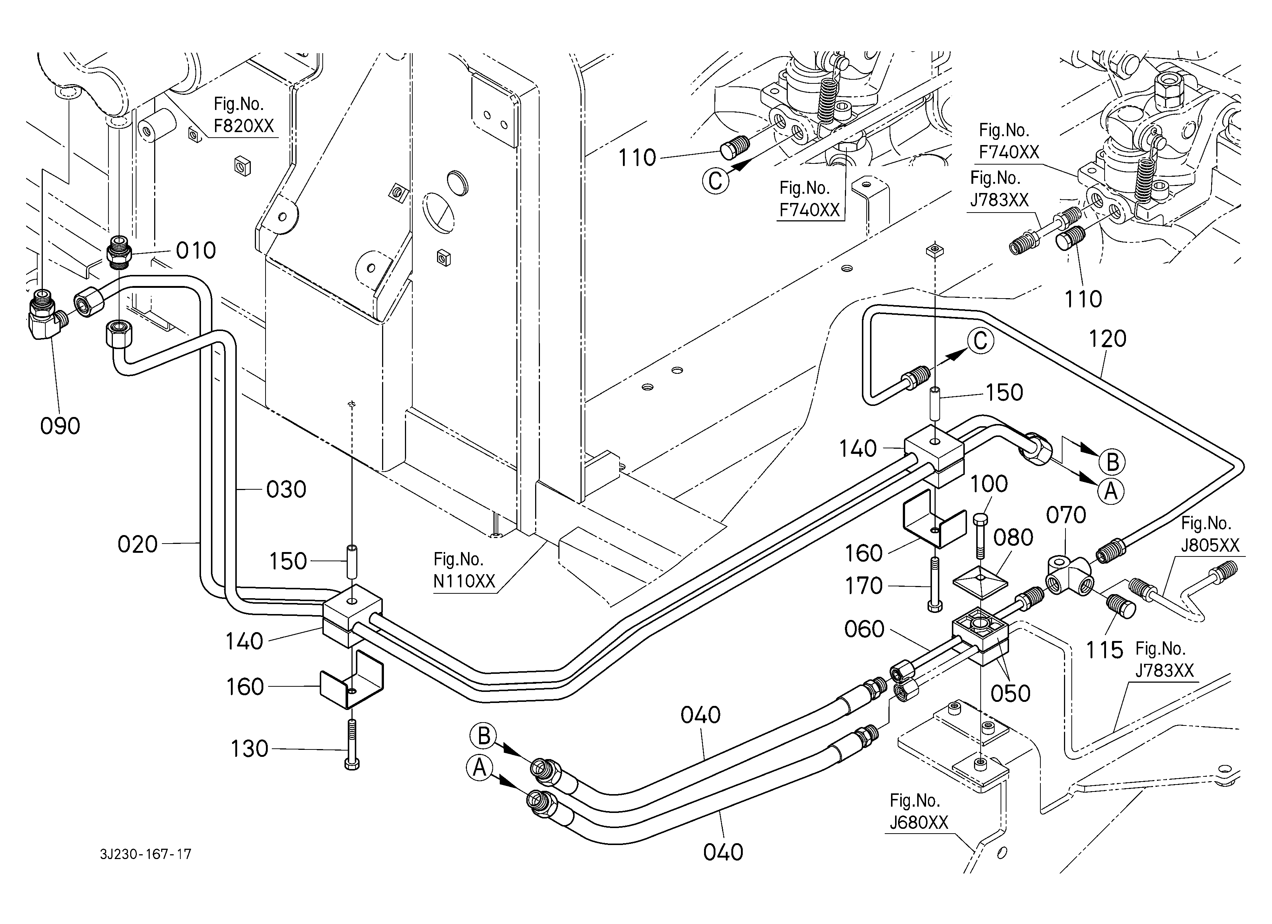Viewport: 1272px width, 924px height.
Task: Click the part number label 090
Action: [60, 426]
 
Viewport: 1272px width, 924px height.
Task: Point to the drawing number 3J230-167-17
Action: [146, 854]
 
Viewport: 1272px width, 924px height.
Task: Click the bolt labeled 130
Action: [351, 744]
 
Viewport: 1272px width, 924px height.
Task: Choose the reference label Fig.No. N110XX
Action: [464, 570]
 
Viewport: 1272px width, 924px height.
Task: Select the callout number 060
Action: [864, 630]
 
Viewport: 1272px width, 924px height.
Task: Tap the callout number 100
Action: [989, 484]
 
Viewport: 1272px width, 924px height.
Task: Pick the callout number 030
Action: [286, 490]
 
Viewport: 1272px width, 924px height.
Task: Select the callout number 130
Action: [250, 749]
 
